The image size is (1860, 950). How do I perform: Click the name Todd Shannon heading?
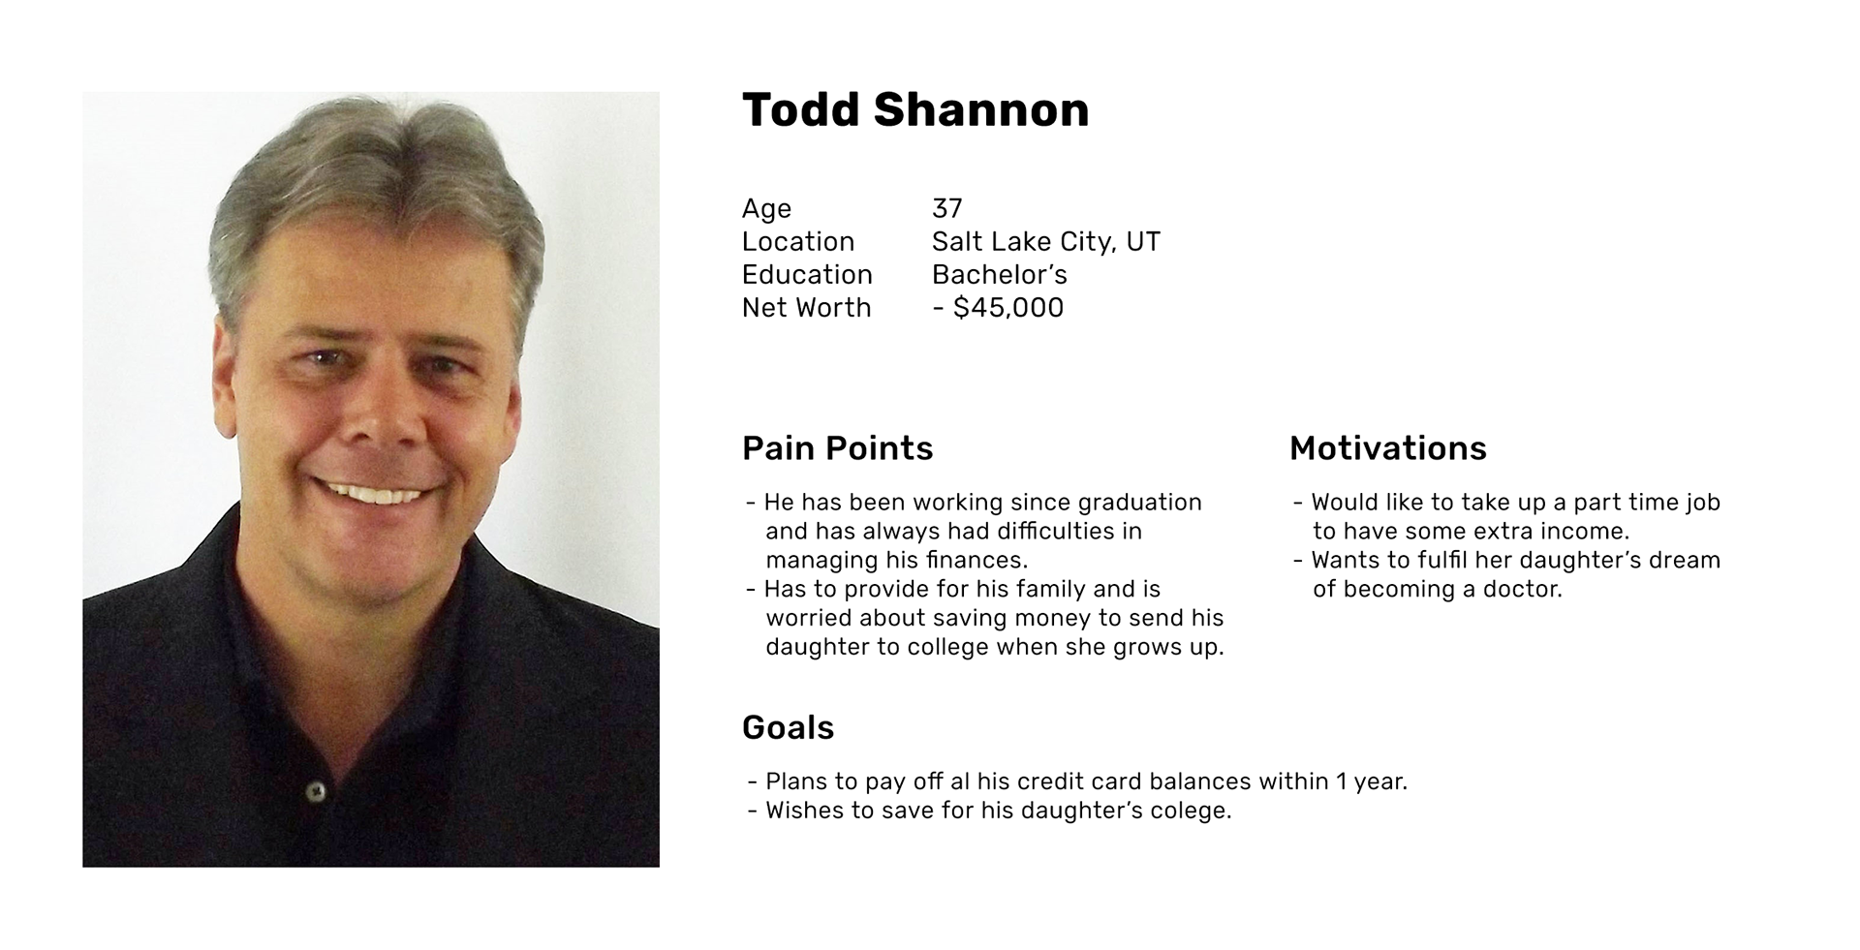click(915, 109)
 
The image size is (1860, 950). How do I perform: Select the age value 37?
click(946, 208)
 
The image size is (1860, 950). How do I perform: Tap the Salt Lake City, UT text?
click(1046, 242)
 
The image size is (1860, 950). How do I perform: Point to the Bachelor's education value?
click(1000, 275)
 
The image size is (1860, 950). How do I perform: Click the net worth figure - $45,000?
click(998, 308)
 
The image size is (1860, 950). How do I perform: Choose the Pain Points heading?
click(838, 448)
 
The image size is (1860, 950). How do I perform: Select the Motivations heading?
click(1387, 448)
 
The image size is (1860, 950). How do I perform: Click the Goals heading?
click(788, 728)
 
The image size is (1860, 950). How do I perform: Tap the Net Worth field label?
click(807, 308)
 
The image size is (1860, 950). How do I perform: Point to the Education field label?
click(807, 275)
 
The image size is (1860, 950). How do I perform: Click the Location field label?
click(798, 242)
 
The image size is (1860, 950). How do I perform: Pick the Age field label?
click(766, 209)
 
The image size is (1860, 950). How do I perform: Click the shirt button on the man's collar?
click(315, 791)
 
